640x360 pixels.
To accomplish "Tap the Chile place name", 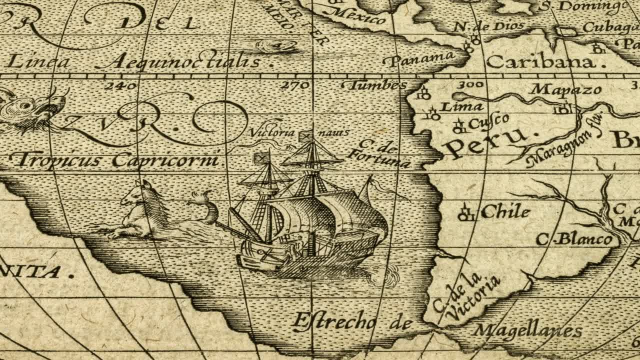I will click(x=505, y=212).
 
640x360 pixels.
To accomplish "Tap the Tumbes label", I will click(x=377, y=85).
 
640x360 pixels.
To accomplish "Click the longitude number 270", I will click(x=295, y=85).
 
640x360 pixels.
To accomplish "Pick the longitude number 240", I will click(x=120, y=85).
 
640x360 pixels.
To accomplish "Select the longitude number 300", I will click(x=470, y=84).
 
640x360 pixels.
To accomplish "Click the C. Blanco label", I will click(x=574, y=239).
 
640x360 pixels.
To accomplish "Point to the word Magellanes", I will click(x=527, y=330).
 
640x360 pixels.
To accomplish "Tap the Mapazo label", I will click(x=565, y=89).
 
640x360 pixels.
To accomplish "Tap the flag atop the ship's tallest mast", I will click(x=305, y=135).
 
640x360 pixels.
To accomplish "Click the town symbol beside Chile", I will click(x=466, y=213).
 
